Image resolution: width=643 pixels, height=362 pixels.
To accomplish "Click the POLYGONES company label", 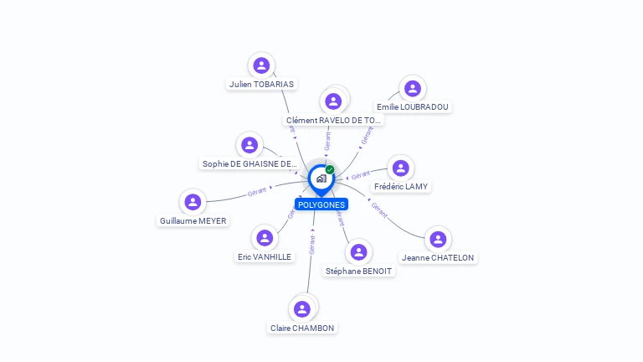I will click(x=321, y=204).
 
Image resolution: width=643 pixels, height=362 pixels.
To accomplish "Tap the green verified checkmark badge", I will click(x=330, y=170).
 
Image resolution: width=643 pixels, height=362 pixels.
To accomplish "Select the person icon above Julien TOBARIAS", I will click(x=262, y=65).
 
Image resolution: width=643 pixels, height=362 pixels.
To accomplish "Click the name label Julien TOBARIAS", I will click(x=262, y=84).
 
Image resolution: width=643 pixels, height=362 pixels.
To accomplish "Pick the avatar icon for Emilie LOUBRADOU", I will click(x=412, y=88).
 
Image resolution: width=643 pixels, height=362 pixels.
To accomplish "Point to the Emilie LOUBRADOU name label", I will click(x=412, y=107).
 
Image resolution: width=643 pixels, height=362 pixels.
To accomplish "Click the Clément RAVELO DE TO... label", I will click(x=333, y=121).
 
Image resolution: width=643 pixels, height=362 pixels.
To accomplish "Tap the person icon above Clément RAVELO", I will click(x=334, y=101).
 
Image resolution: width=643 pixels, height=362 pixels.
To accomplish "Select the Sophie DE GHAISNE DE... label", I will click(x=249, y=164).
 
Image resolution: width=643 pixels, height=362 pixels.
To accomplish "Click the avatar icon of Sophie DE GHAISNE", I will click(x=249, y=145).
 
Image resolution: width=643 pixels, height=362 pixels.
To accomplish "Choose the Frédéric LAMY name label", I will click(x=401, y=186).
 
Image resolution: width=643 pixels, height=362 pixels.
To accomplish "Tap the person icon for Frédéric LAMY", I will click(x=401, y=168).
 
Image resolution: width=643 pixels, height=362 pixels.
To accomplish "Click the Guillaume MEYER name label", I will click(x=193, y=221).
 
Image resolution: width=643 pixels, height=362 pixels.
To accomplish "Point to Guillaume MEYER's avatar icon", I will click(x=193, y=202).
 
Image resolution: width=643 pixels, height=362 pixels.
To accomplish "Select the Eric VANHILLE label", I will click(x=265, y=257).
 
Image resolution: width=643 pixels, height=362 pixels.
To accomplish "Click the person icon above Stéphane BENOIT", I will click(x=359, y=251).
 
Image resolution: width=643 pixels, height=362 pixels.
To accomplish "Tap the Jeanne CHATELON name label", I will click(x=437, y=258).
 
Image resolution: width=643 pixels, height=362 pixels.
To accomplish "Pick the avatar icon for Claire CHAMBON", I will click(x=302, y=308).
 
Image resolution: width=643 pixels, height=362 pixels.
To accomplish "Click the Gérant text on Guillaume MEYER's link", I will click(x=257, y=192).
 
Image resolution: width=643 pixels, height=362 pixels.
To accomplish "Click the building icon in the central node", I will click(x=321, y=178).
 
